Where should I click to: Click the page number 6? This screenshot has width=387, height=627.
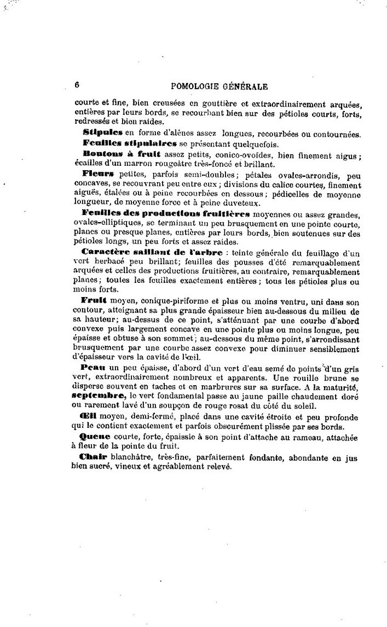[x=77, y=85]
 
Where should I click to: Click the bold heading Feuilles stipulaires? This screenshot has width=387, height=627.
[x=130, y=144]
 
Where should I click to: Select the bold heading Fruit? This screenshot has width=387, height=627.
[x=93, y=300]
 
